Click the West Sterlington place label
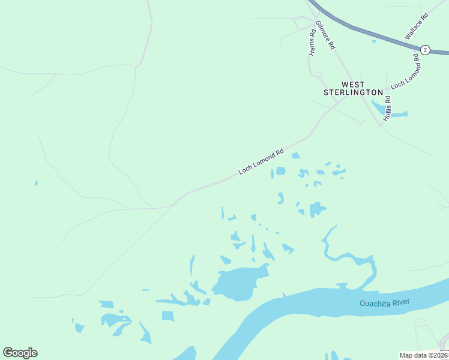pyautogui.click(x=353, y=88)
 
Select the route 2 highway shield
pyautogui.click(x=425, y=50)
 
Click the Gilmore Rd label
pyautogui.click(x=325, y=35)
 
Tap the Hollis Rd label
pyautogui.click(x=388, y=106)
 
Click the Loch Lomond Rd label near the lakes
pyautogui.click(x=261, y=162)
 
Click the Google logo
pyautogui.click(x=20, y=353)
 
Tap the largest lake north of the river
pyautogui.click(x=239, y=284)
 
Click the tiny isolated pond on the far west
pyautogui.click(x=37, y=182)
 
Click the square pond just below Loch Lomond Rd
pyautogui.click(x=280, y=172)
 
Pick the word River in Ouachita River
pyautogui.click(x=399, y=302)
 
